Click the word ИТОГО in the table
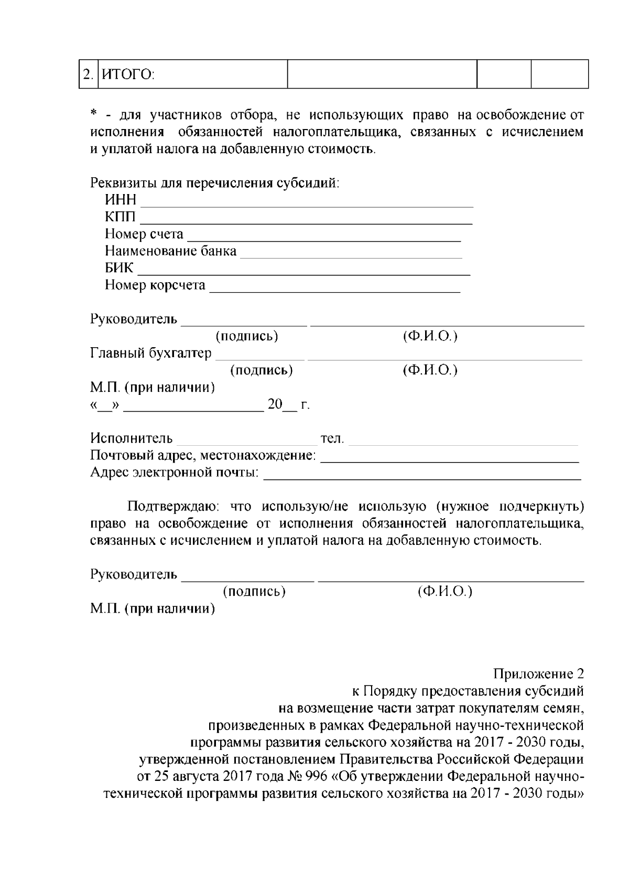pyautogui.click(x=127, y=74)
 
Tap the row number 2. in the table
pyautogui.click(x=88, y=74)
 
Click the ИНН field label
pyautogui.click(x=120, y=200)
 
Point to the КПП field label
pyautogui.click(x=120, y=217)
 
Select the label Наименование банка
pyautogui.click(x=170, y=251)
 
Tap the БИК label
pyautogui.click(x=119, y=268)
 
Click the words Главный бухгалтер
pyautogui.click(x=151, y=353)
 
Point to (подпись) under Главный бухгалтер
pyautogui.click(x=262, y=370)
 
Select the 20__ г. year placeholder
pyautogui.click(x=289, y=405)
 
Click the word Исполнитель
pyautogui.click(x=131, y=438)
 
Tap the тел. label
pyautogui.click(x=332, y=438)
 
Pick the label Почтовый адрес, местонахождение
pyautogui.click(x=203, y=455)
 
